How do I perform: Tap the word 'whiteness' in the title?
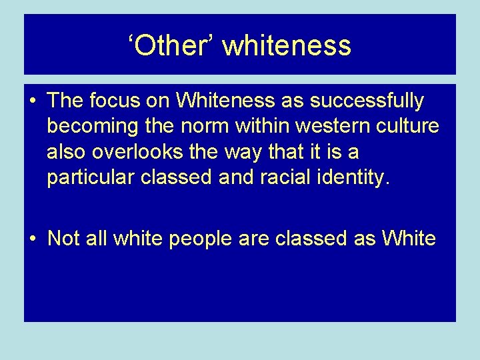coord(287,45)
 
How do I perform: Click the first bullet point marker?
coord(33,102)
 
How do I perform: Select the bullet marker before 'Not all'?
coord(33,239)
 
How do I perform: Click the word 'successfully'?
coord(372,101)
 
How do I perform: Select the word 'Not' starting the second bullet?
coord(63,239)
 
